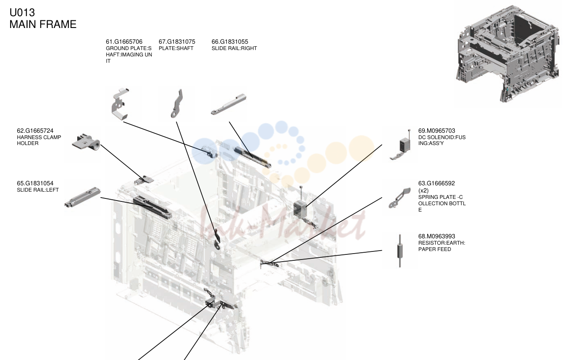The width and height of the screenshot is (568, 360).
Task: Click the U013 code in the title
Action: (22, 12)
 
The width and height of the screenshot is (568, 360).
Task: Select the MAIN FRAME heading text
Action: (43, 24)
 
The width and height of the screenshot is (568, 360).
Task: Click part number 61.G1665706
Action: (124, 42)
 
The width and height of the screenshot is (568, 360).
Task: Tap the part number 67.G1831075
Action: (177, 42)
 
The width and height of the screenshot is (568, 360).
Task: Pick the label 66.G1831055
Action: (230, 42)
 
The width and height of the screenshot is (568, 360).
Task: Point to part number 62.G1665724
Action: (35, 131)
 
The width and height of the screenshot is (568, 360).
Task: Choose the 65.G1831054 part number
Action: (35, 183)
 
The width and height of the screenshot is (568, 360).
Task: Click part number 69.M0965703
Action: (436, 131)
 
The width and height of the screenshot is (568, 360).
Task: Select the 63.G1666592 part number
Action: (436, 183)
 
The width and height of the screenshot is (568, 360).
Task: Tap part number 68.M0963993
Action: (436, 236)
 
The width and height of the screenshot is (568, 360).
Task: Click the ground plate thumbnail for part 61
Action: (120, 103)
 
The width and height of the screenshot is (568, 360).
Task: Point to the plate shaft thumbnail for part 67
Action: (177, 103)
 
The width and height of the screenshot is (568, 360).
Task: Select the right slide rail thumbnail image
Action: (229, 104)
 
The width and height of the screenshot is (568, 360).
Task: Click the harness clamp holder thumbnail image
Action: (86, 142)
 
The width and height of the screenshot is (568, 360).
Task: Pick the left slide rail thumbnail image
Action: (83, 197)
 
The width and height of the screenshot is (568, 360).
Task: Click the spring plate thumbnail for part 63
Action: (400, 198)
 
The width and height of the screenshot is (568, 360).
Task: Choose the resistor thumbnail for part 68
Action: (400, 251)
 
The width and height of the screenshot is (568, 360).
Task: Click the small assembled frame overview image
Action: (508, 54)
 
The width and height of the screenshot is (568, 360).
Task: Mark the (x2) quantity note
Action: (423, 190)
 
